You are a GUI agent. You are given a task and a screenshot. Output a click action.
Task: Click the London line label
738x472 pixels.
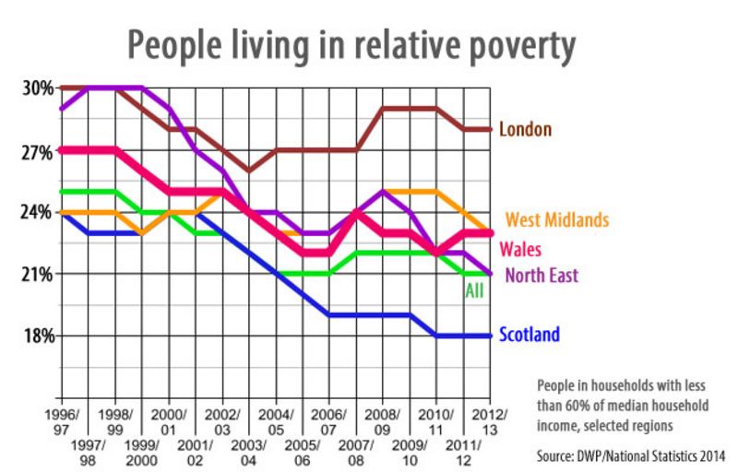(x=525, y=129)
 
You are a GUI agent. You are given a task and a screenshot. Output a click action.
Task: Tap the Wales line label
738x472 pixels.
(x=519, y=249)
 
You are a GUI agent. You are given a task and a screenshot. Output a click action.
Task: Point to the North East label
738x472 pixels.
(x=538, y=275)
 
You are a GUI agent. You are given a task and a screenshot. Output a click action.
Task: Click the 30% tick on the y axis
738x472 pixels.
(x=38, y=88)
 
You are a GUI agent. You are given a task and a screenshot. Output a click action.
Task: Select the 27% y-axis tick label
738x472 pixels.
(x=38, y=151)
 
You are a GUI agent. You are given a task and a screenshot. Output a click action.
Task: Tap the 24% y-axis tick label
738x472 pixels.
(x=38, y=212)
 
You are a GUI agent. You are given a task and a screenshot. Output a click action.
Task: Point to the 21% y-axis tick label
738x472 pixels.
(x=38, y=274)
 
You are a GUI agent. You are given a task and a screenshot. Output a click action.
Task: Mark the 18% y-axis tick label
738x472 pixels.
(x=38, y=335)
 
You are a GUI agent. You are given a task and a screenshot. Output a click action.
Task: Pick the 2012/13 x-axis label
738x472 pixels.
(x=489, y=421)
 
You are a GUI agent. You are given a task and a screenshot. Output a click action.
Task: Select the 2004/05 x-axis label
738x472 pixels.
(x=278, y=421)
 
